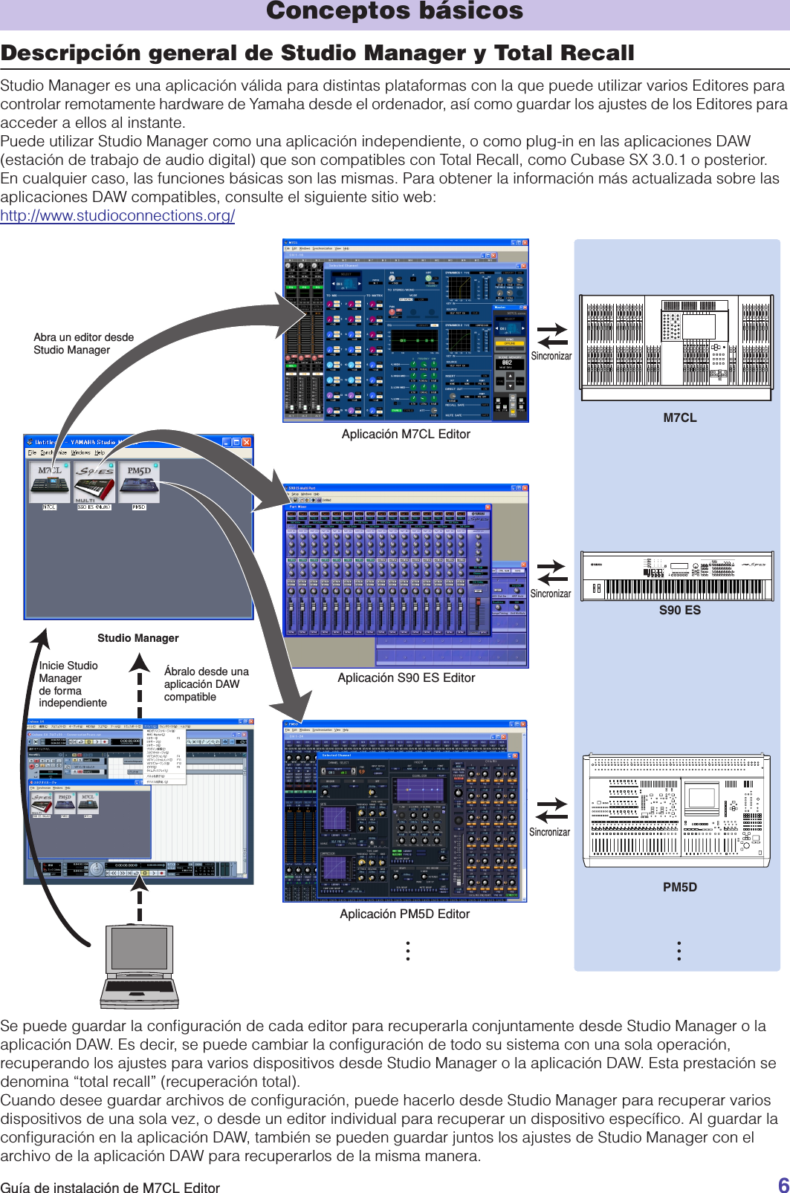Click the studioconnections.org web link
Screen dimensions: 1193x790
point(117,215)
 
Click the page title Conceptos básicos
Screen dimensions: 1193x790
point(395,11)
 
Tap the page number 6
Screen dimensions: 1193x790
point(783,1184)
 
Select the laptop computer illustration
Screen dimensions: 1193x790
point(140,966)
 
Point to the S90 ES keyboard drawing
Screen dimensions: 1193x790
point(677,576)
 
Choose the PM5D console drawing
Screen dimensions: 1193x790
point(677,810)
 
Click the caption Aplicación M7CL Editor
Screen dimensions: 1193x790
point(406,435)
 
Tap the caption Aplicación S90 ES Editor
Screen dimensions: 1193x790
point(406,677)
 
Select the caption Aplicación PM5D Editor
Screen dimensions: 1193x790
point(404,914)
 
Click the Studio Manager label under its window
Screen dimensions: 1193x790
point(137,638)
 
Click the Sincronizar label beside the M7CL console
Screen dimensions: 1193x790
point(551,357)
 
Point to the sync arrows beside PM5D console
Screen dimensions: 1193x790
point(551,810)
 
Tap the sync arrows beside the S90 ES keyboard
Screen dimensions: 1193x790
point(551,573)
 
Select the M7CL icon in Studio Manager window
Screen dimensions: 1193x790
point(50,483)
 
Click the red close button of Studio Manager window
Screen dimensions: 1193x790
point(247,442)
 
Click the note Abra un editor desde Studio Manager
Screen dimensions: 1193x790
point(83,343)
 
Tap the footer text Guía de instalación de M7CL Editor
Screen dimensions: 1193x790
point(110,1187)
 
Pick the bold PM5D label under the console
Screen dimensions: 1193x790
point(679,887)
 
